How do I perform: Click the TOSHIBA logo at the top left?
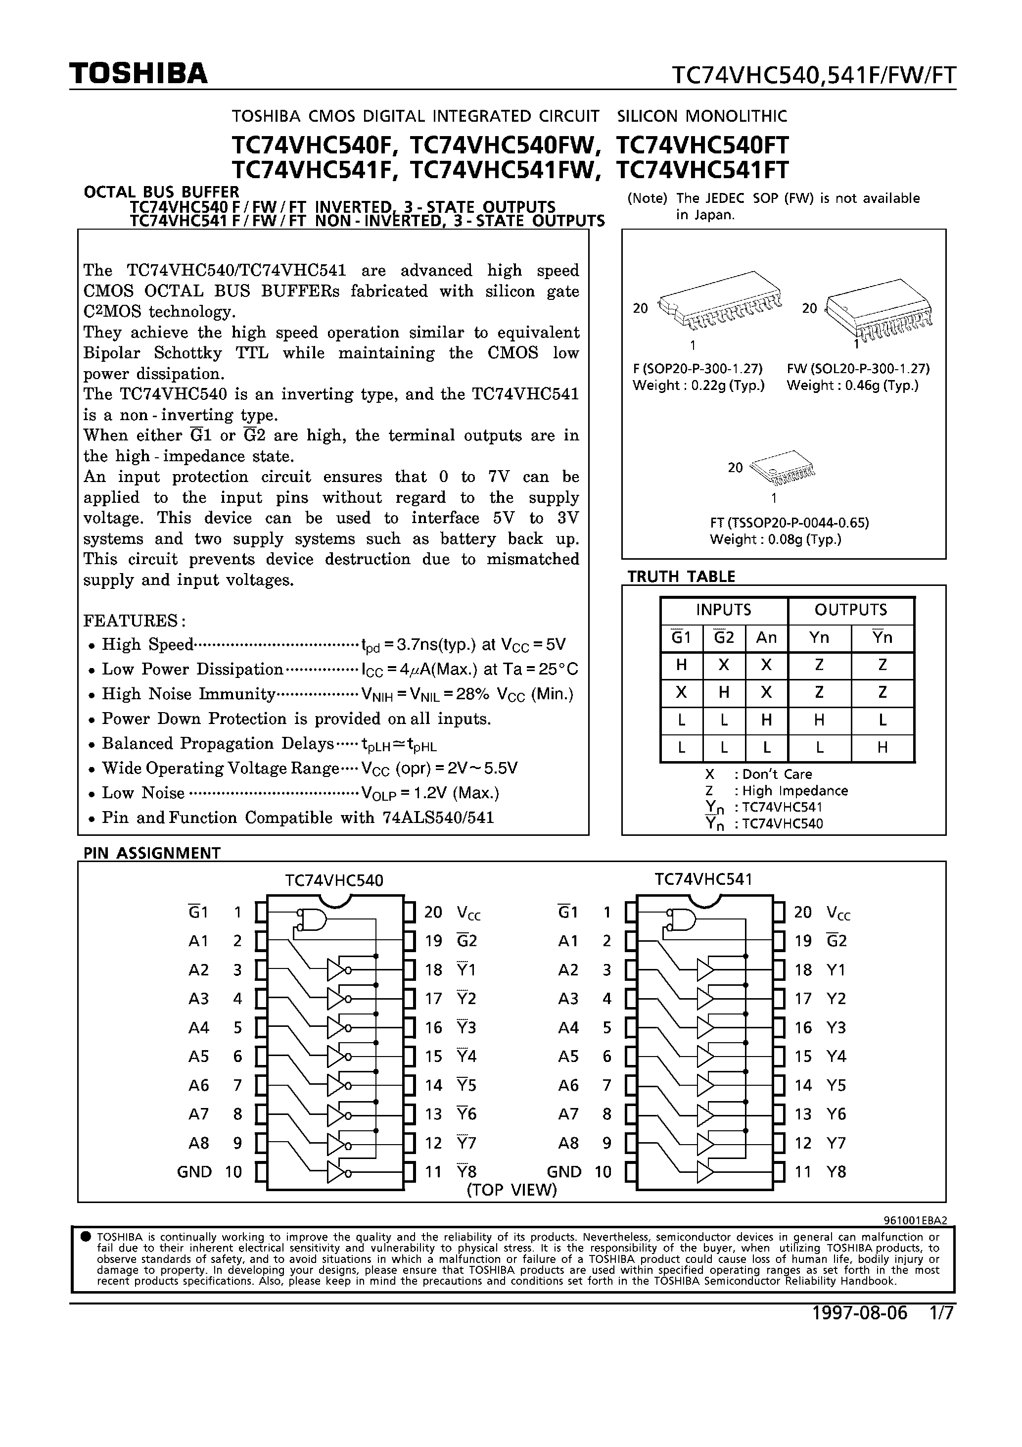138,74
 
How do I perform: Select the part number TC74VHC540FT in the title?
702,145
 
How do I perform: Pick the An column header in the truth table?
766,638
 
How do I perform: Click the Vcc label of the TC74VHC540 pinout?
469,913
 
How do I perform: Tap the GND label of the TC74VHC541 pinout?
564,1172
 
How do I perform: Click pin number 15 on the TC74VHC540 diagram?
433,1056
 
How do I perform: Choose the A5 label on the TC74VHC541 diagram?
568,1056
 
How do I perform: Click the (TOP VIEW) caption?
511,1190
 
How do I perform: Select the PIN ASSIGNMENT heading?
152,853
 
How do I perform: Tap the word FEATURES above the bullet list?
132,621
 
